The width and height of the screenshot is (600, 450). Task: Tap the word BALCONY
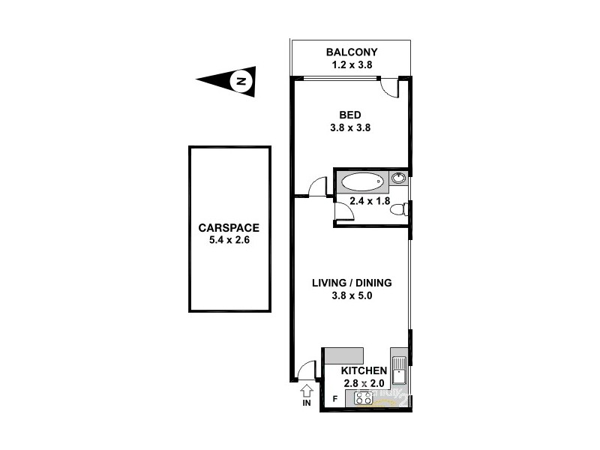point(351,52)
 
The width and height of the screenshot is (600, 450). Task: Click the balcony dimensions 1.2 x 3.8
point(351,65)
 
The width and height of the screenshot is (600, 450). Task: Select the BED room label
point(350,115)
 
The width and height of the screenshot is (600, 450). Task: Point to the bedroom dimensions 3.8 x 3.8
point(350,127)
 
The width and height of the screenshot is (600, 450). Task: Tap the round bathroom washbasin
point(399,178)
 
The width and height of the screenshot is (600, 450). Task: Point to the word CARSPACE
point(229,228)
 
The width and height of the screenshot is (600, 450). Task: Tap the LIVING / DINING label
point(352,283)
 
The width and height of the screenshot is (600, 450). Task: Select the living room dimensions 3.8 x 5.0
point(352,295)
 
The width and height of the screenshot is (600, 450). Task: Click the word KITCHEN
point(364,371)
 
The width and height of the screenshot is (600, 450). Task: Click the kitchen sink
point(399,371)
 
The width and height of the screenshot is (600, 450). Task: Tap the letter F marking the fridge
point(334,399)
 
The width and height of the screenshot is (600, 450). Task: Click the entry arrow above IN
point(306,391)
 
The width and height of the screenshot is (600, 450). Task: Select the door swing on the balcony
point(390,88)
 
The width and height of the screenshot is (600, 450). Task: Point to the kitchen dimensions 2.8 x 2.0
point(364,384)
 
